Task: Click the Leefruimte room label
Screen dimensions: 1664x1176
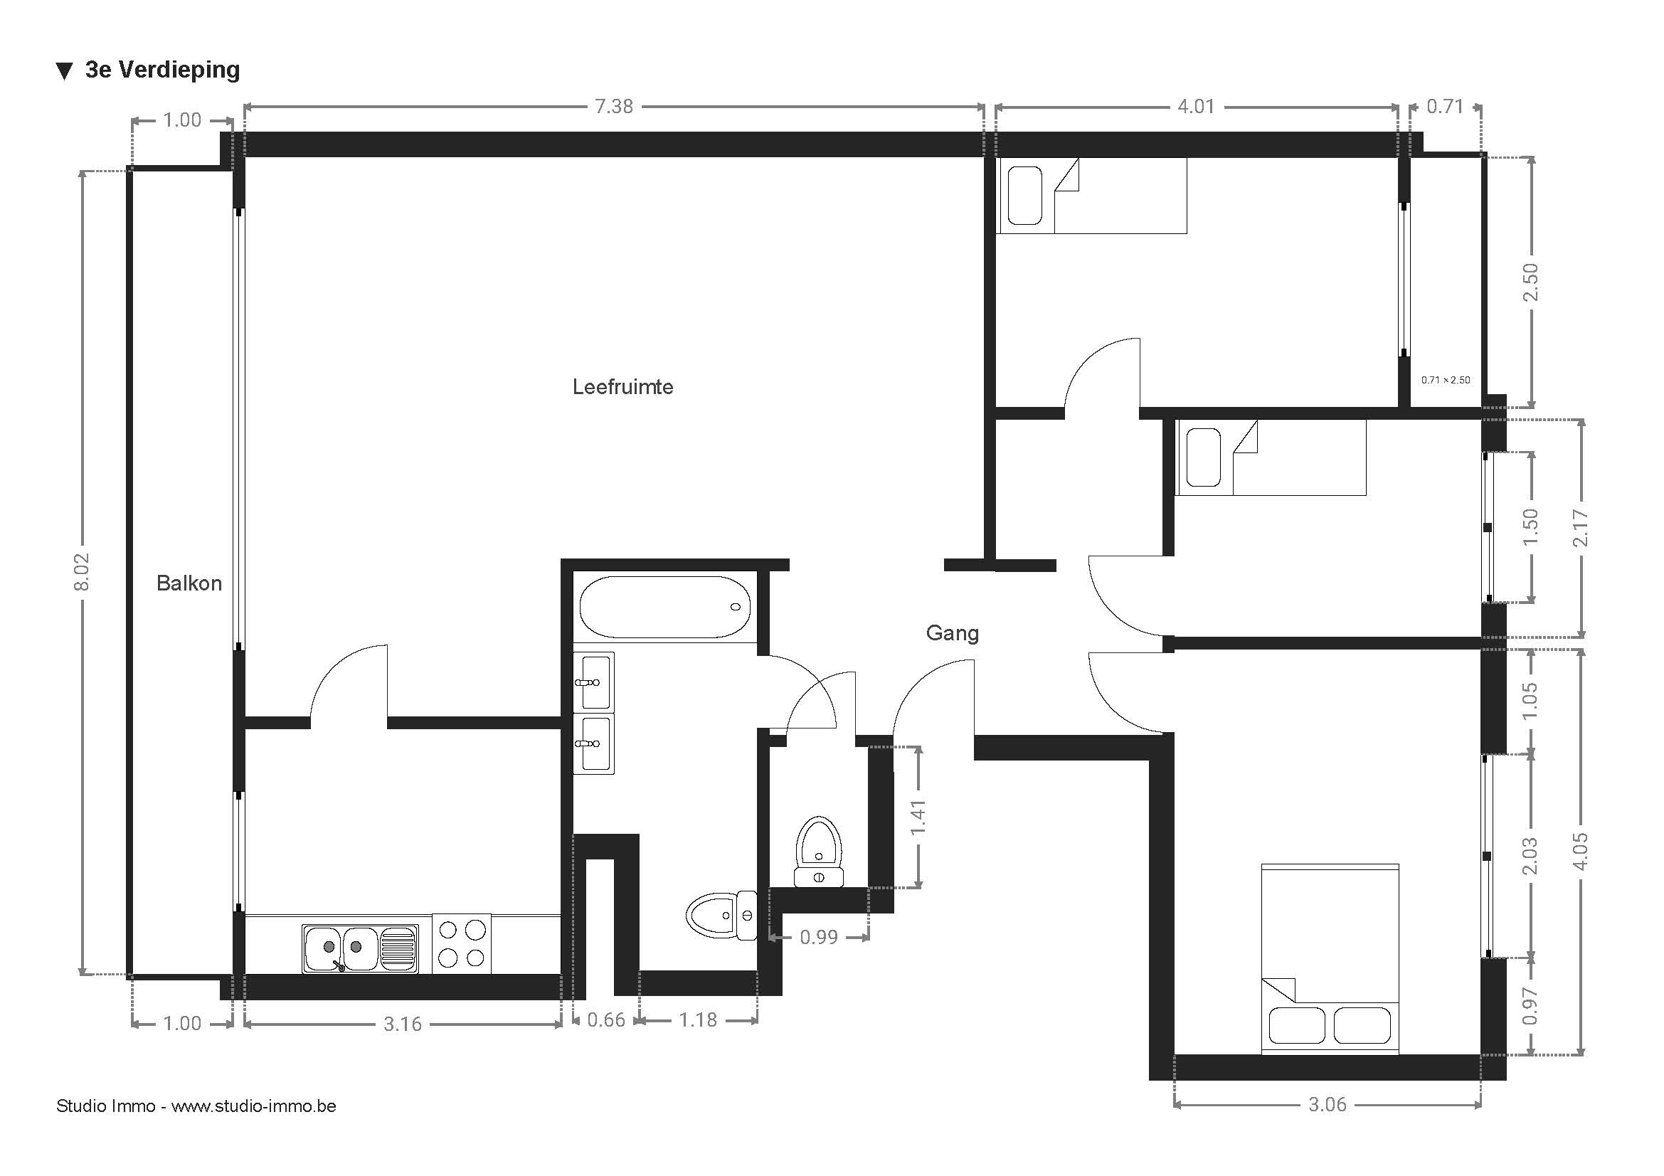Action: pyautogui.click(x=622, y=387)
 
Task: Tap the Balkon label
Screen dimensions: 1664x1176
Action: pyautogui.click(x=189, y=583)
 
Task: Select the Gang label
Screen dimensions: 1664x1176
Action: pyautogui.click(x=953, y=633)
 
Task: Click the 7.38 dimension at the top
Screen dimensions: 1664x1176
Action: pyautogui.click(x=614, y=107)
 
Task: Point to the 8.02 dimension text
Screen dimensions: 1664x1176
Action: pyautogui.click(x=81, y=572)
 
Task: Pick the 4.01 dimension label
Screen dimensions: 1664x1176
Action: pyautogui.click(x=1196, y=107)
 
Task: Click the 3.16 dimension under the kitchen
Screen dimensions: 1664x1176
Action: pyautogui.click(x=402, y=1024)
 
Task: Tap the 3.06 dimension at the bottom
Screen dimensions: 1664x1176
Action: pyautogui.click(x=1327, y=1104)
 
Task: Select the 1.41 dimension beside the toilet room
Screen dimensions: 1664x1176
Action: pyautogui.click(x=918, y=817)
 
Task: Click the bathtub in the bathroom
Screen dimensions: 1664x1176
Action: pyautogui.click(x=664, y=607)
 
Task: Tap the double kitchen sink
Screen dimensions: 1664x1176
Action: pyautogui.click(x=360, y=948)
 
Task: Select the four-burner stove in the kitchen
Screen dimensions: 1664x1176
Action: pyautogui.click(x=462, y=943)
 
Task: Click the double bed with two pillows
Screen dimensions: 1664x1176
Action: pyautogui.click(x=1330, y=958)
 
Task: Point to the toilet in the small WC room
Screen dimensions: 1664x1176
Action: pyautogui.click(x=819, y=852)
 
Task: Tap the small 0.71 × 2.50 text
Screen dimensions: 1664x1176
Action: pyautogui.click(x=1445, y=380)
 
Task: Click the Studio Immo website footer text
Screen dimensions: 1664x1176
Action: pyautogui.click(x=196, y=1106)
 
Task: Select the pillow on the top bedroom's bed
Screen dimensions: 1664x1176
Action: pyautogui.click(x=1024, y=196)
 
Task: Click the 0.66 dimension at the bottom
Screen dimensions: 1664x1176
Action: pyautogui.click(x=606, y=1020)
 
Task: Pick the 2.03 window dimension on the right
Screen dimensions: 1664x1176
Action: pyautogui.click(x=1530, y=856)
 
